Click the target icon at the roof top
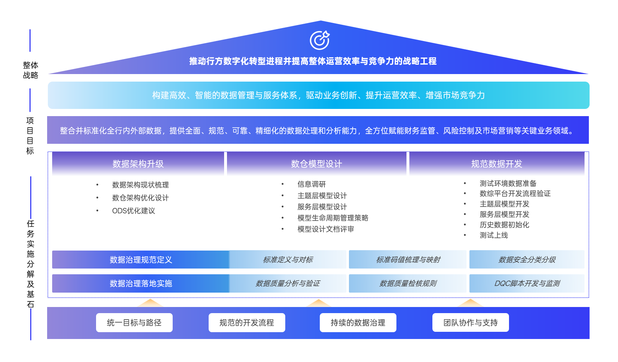click(x=319, y=40)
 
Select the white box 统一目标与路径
click(x=134, y=322)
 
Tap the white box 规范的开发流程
click(x=247, y=322)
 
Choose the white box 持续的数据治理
click(x=358, y=322)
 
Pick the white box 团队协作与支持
click(x=471, y=322)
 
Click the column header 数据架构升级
click(x=138, y=164)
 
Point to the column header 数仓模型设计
click(x=317, y=164)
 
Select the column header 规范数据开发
click(x=497, y=164)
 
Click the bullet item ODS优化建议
click(x=133, y=211)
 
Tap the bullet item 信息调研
click(x=312, y=184)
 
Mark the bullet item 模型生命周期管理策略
click(x=333, y=218)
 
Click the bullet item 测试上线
click(x=494, y=235)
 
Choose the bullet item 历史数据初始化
click(x=504, y=225)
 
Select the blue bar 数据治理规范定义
click(x=141, y=260)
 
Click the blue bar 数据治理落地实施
click(x=141, y=283)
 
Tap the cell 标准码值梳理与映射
click(x=408, y=260)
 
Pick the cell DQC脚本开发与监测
click(x=527, y=283)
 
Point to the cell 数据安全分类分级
click(x=527, y=260)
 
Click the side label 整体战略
click(x=31, y=70)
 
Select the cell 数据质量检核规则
click(x=408, y=283)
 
